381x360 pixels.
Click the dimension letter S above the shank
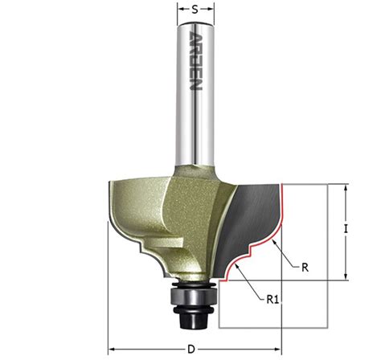(195, 10)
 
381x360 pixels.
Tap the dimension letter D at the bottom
(190, 350)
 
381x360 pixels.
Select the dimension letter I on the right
(346, 229)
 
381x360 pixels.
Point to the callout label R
(305, 268)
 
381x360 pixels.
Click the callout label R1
(272, 300)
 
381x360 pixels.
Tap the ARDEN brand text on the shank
(195, 61)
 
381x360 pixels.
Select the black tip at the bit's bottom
(194, 321)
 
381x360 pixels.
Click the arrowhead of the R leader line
(274, 243)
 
